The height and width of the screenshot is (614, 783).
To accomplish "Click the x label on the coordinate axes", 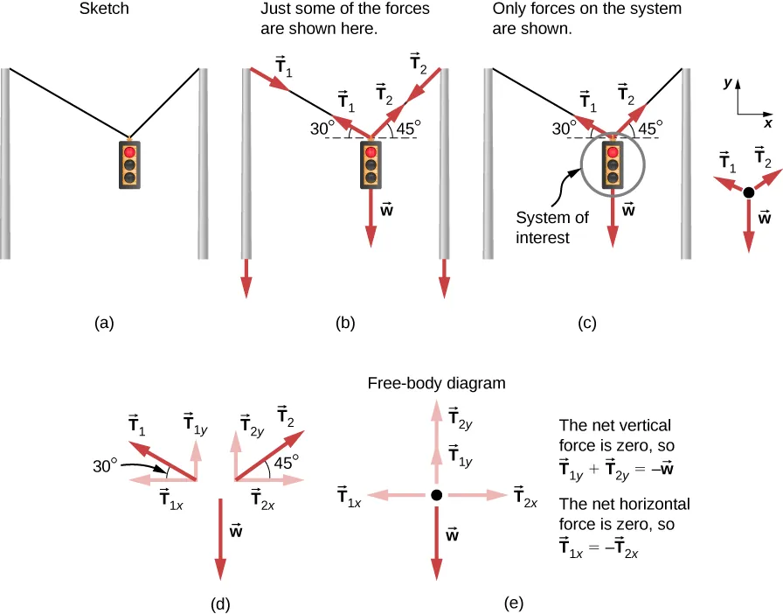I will coord(767,123).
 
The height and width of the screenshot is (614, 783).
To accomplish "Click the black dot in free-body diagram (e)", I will coord(436,496).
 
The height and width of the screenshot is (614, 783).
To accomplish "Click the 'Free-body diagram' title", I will coord(437,383).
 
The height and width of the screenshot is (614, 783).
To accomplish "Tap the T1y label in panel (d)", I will coord(196,423).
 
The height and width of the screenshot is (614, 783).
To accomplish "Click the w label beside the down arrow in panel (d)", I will coord(236,528).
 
